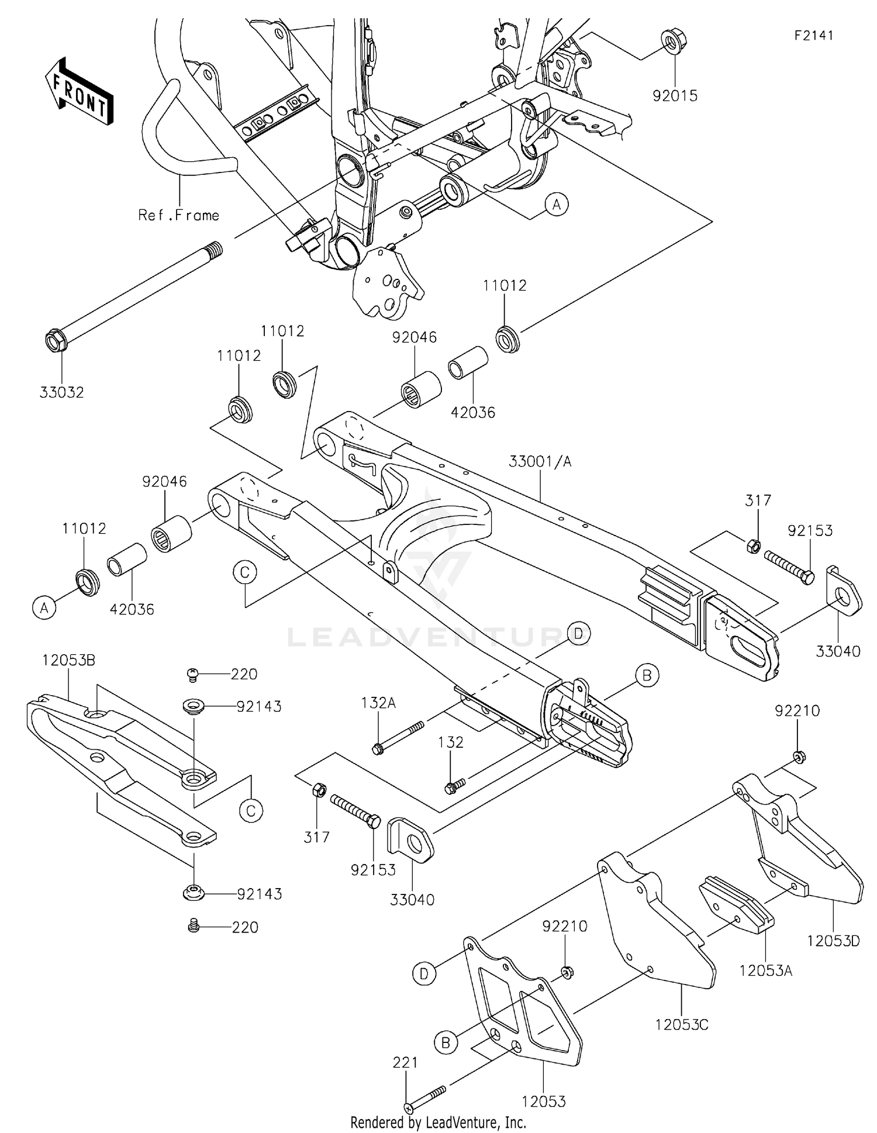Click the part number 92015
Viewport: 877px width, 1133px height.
[x=675, y=96]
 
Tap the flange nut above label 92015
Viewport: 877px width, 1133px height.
[x=674, y=41]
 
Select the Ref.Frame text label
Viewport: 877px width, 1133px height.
[x=179, y=215]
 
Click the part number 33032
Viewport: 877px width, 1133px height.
[x=62, y=392]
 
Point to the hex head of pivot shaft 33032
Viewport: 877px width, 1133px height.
[x=55, y=341]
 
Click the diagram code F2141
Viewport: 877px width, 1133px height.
[x=814, y=35]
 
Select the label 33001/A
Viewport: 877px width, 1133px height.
[x=540, y=462]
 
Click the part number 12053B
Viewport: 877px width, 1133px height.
[x=68, y=661]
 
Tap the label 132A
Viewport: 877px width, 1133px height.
[x=378, y=703]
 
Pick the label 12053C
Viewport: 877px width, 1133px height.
[x=682, y=1025]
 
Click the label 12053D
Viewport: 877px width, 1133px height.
[x=833, y=941]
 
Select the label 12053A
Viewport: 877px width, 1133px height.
[x=765, y=970]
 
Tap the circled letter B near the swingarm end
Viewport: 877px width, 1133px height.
[x=647, y=675]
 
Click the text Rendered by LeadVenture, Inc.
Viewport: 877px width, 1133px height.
[x=438, y=1122]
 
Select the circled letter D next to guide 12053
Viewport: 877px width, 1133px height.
[x=424, y=973]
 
